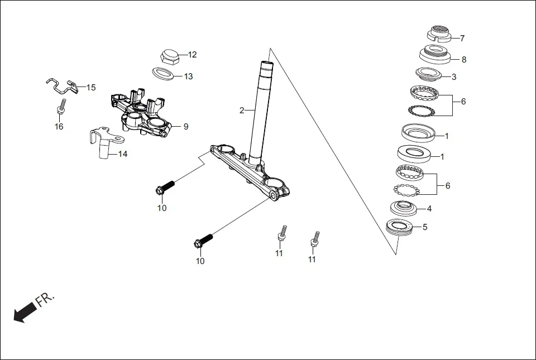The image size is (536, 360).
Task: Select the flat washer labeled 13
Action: (x=162, y=73)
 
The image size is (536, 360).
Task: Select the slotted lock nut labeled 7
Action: (x=441, y=34)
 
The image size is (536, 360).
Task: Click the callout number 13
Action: (x=188, y=76)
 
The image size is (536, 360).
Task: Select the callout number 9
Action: (x=186, y=127)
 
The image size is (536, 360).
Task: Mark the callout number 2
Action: (x=242, y=111)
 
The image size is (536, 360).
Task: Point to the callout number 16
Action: (x=59, y=126)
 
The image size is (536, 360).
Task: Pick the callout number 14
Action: (x=123, y=153)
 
